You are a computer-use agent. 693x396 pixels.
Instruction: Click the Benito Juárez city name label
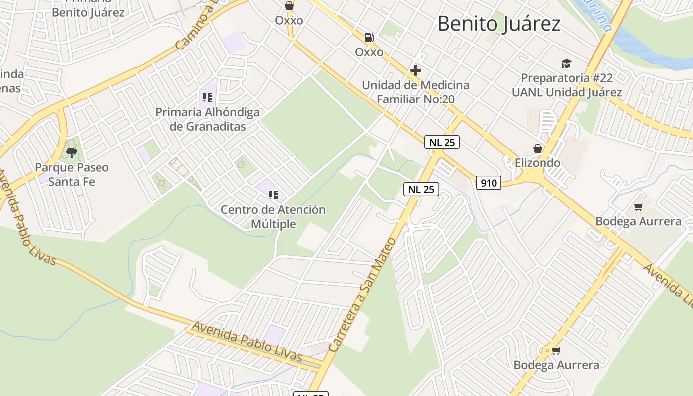498,24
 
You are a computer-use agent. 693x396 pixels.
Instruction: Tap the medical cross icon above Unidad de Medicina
416,70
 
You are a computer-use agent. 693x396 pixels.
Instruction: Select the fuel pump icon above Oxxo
369,38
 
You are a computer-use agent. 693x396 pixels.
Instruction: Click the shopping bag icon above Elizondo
537,148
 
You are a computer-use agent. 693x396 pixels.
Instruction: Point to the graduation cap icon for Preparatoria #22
566,63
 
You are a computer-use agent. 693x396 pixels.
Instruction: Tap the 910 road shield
489,183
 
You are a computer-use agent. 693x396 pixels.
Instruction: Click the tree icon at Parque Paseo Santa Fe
72,152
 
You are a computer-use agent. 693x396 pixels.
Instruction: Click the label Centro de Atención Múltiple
273,217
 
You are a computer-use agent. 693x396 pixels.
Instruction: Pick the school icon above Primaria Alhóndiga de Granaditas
207,98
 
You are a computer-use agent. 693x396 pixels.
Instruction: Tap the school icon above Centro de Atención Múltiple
273,195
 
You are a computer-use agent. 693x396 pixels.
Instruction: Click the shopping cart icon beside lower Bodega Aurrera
556,350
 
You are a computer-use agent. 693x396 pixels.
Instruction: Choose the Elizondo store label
537,163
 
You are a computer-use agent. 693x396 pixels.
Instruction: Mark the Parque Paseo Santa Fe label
71,174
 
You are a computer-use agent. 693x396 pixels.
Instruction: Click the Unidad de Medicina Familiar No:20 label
415,92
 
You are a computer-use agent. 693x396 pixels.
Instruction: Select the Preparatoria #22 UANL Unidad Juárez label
566,85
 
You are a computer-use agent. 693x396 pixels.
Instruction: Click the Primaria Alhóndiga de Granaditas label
207,119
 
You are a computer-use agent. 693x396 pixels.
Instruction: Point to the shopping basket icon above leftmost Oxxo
289,6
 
